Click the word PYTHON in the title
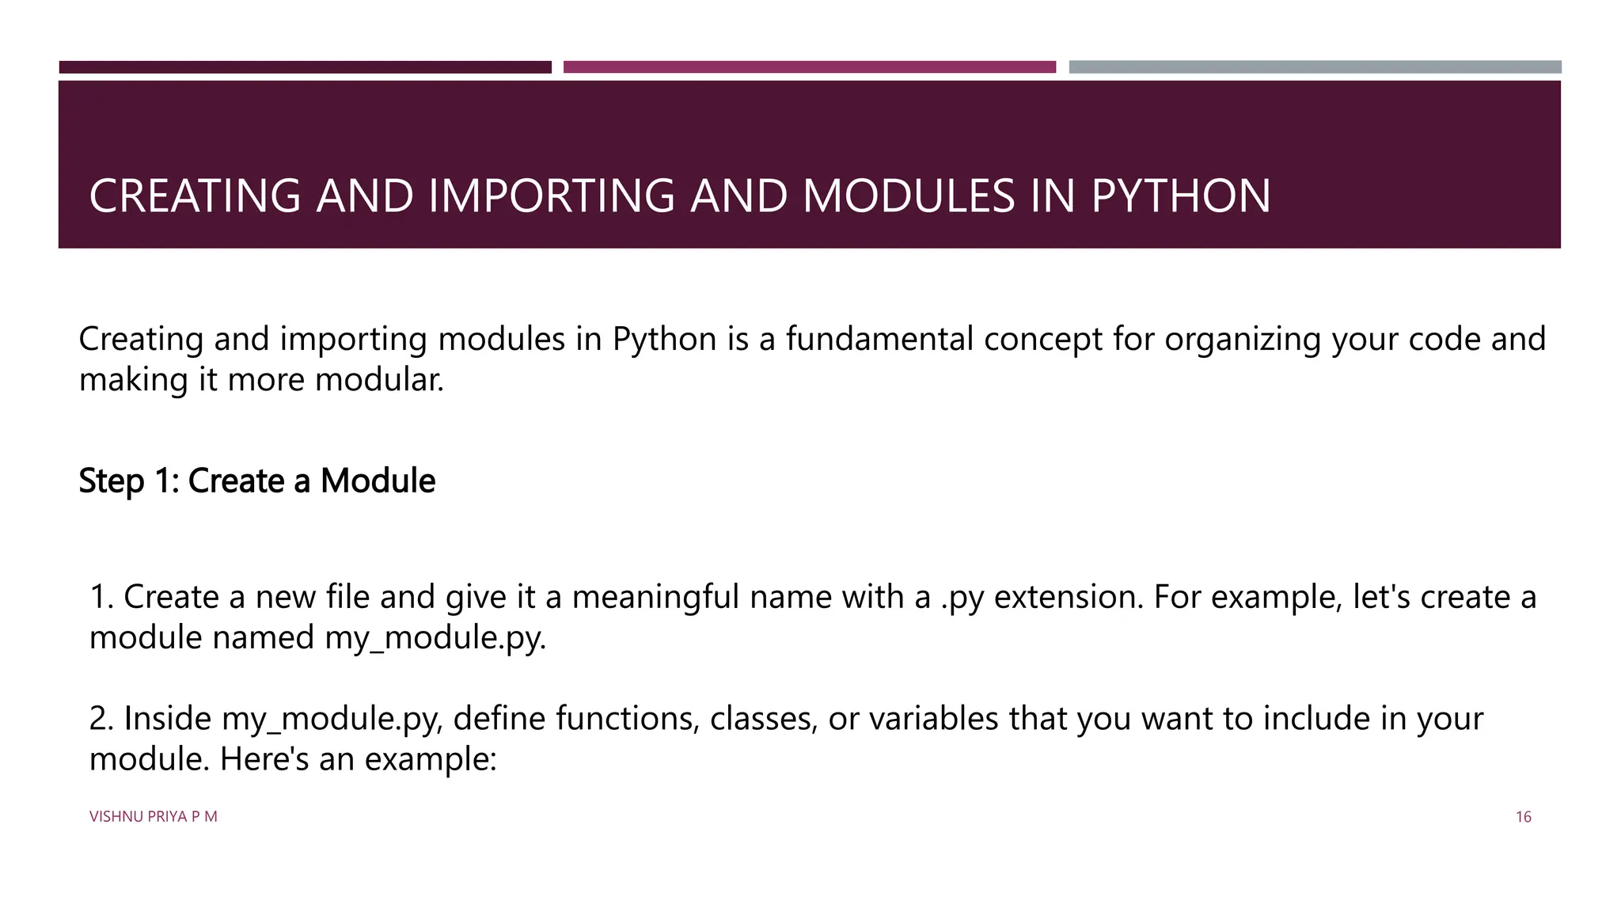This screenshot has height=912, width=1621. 1180,196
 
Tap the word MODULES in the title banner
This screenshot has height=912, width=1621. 909,196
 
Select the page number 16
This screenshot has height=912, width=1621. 1523,817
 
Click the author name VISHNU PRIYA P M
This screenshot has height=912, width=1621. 153,817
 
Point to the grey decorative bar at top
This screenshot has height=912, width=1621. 1315,67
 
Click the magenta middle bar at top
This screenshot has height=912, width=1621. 809,67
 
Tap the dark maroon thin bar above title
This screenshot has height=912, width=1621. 305,67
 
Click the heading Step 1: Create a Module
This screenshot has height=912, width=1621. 256,481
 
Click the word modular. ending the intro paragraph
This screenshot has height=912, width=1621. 379,379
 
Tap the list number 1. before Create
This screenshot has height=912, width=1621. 102,597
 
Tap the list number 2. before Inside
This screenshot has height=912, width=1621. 102,719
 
